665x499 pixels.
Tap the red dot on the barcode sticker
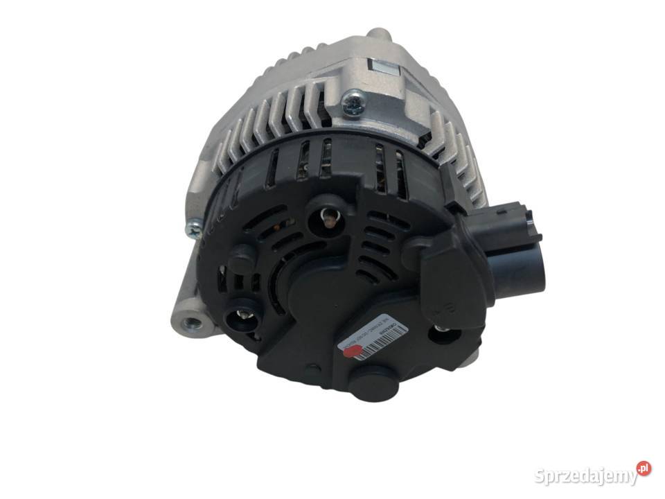[351, 353]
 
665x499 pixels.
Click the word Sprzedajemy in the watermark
[585, 476]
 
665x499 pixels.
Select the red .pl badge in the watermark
[644, 469]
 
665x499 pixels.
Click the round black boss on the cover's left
[242, 257]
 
